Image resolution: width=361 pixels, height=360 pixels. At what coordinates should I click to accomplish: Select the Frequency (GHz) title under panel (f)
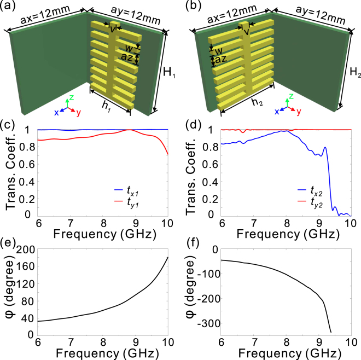(x=285, y=354)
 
